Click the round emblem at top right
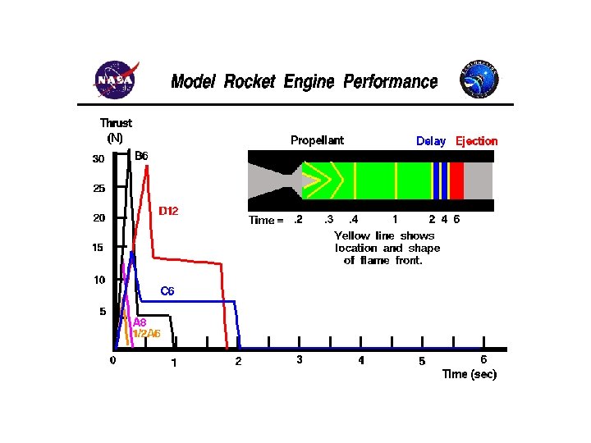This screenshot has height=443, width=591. point(479,79)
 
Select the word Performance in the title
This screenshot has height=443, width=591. point(390,81)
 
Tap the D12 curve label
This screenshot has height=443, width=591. point(168,211)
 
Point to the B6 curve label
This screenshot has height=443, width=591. point(141,155)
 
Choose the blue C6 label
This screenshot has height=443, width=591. point(167,290)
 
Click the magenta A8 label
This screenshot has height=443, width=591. point(140,322)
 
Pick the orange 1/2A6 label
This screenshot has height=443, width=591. point(146,334)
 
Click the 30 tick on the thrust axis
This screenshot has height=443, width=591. point(98,159)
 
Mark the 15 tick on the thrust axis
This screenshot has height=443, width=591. point(98,248)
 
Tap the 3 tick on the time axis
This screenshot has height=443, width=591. point(300,359)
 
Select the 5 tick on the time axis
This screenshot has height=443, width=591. point(422,361)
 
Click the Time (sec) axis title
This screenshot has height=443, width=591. point(469,374)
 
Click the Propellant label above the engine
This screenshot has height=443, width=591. point(317,140)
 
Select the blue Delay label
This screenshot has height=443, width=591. point(431,141)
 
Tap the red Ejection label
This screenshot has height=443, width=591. point(477,141)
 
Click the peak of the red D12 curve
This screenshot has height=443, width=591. point(146,167)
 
